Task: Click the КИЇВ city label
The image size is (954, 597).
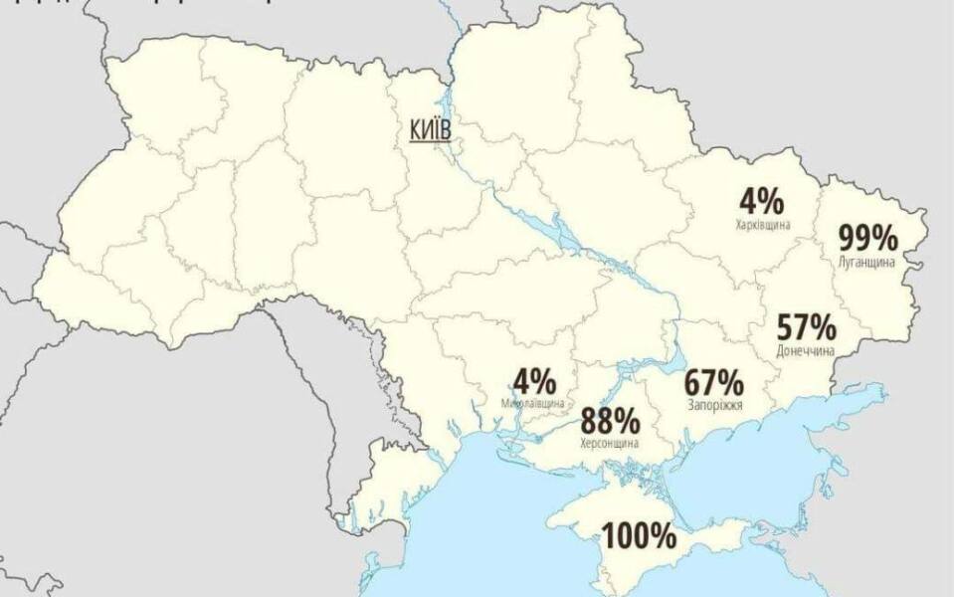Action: tap(430, 128)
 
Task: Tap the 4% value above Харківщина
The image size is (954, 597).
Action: tap(761, 202)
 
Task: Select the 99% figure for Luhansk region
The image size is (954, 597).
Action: tap(867, 239)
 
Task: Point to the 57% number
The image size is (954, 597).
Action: tap(807, 326)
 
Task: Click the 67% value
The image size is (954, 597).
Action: tap(713, 382)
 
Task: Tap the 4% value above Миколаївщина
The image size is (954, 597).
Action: tap(533, 381)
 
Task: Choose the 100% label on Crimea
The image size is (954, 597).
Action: tap(639, 537)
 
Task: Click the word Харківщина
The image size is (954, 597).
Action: tap(763, 225)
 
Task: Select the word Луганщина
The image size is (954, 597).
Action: tap(867, 262)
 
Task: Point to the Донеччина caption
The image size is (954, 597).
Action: tap(804, 350)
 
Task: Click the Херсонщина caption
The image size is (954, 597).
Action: tap(609, 444)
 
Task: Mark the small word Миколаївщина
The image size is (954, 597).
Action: tap(533, 403)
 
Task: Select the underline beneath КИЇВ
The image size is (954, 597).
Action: tap(430, 140)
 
